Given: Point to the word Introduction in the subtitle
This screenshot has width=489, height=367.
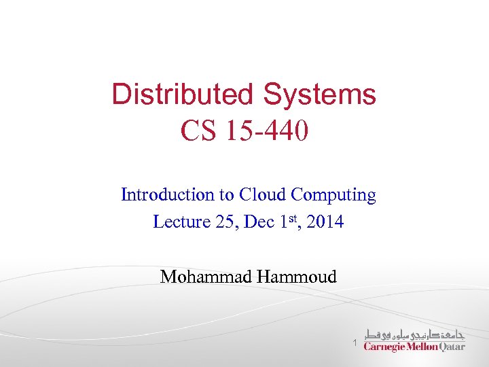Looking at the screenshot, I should coord(167,195).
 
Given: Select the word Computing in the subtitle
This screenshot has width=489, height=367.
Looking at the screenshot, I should coord(333,195).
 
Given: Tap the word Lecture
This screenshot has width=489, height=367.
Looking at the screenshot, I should coord(179,222).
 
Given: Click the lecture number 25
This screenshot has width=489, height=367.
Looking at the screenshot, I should coord(223,222).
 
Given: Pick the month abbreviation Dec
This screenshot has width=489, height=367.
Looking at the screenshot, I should coord(258,222).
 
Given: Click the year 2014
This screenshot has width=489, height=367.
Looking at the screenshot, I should coord(325,222).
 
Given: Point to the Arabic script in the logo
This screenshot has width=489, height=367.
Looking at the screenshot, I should coord(414,334).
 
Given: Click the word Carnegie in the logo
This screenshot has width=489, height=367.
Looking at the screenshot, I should coord(385,347).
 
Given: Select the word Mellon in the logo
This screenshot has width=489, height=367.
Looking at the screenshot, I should coord(422,347).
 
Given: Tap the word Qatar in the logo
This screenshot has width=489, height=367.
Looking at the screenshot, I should coord(452,347).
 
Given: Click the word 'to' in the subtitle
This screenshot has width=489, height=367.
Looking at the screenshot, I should coord(225,195).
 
